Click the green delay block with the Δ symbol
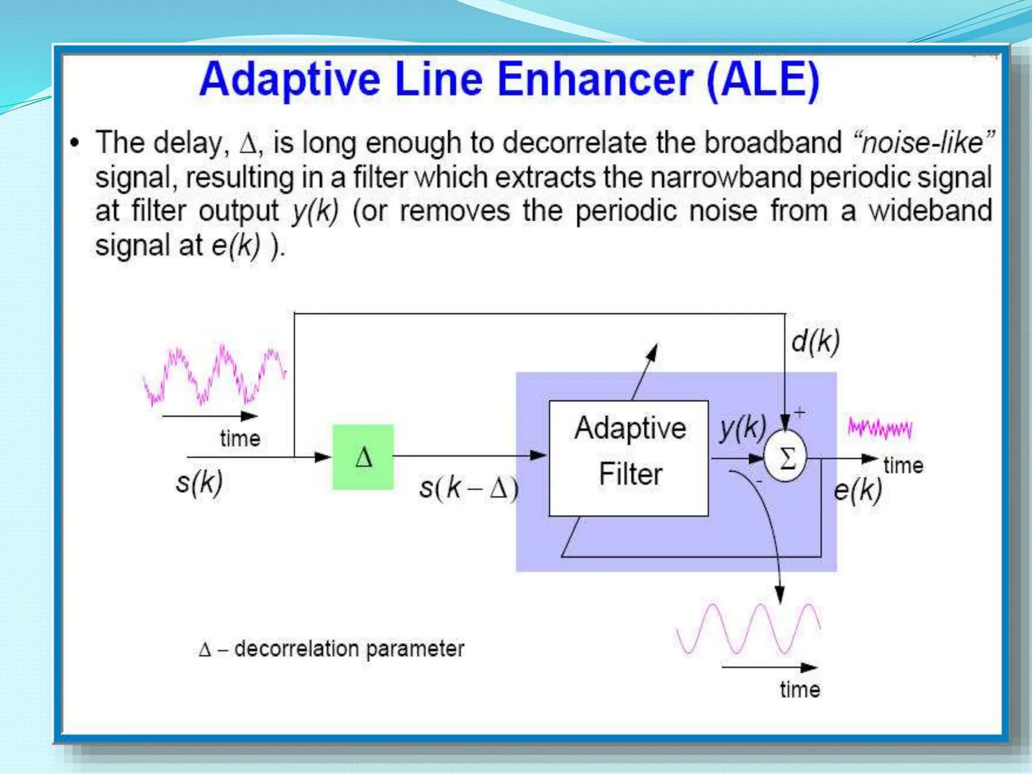363,457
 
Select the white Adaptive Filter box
628,458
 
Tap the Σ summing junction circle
785,458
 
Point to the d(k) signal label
815,342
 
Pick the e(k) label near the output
857,489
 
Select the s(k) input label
199,482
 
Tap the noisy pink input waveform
215,375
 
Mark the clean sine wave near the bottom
748,629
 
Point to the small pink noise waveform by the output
880,428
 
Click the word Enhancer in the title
595,80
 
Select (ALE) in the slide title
763,80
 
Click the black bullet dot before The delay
75,143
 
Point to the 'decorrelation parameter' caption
349,649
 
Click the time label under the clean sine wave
800,689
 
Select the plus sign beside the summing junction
800,414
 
